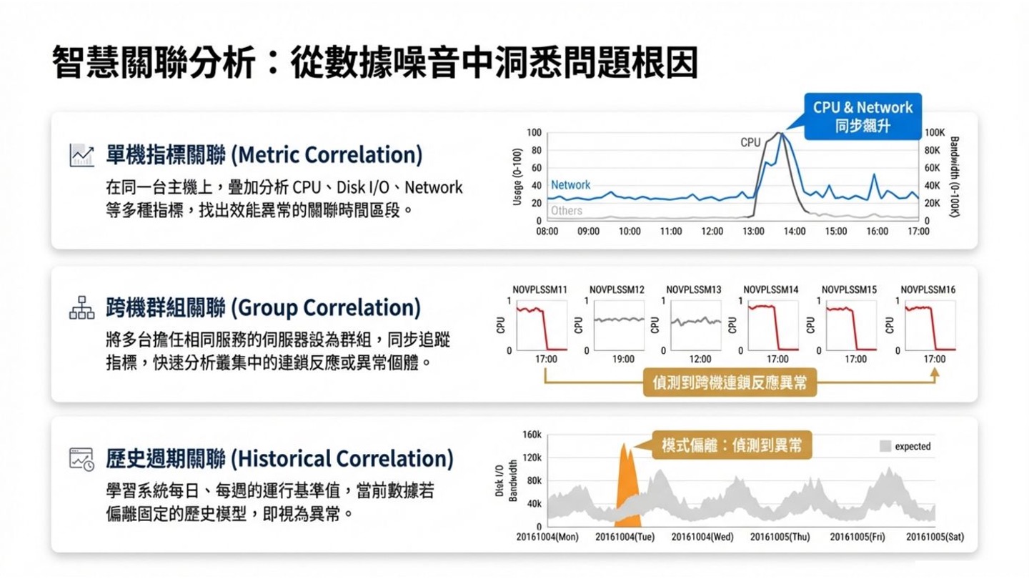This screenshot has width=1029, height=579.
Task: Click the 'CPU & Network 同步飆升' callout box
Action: point(863,117)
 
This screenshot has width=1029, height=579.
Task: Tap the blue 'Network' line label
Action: point(570,185)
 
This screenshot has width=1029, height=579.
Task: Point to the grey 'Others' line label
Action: point(566,211)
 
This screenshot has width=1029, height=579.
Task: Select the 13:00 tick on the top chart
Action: point(753,232)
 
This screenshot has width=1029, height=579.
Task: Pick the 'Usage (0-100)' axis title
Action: point(517,177)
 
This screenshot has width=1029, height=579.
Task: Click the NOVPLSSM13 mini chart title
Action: point(693,289)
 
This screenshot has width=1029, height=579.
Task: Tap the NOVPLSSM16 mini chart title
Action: point(928,289)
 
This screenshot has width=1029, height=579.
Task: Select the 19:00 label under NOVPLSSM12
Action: point(623,359)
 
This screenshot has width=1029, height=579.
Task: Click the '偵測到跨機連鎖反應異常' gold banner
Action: point(730,382)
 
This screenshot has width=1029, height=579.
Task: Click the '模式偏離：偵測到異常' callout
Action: point(731,445)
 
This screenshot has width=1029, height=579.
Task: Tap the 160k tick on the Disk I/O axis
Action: point(532,435)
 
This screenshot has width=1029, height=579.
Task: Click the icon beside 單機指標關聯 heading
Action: point(81,155)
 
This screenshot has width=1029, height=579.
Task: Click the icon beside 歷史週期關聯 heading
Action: point(81,459)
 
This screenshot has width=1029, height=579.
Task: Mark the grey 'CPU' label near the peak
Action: point(750,142)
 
